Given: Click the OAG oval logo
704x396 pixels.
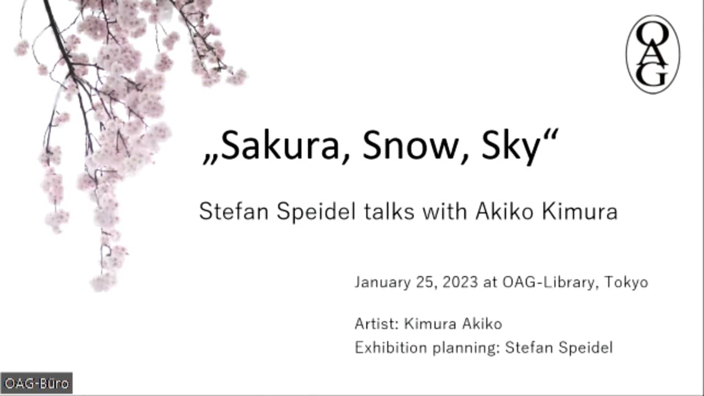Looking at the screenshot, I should [653, 54].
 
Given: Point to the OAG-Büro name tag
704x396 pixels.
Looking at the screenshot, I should [36, 383].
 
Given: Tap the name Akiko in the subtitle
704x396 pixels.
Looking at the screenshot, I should [505, 212].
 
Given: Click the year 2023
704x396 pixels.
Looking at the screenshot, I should [460, 283].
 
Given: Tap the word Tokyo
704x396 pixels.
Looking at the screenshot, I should [626, 283].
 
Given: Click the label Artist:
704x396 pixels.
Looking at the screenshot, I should [377, 324].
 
